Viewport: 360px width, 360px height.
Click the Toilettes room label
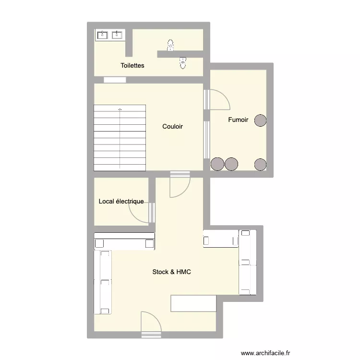click(132, 65)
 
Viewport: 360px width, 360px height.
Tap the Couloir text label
click(172, 127)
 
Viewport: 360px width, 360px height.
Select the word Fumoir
click(238, 120)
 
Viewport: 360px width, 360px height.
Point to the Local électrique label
click(121, 202)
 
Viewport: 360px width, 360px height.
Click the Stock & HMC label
click(171, 272)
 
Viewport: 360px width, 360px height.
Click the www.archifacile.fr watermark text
click(265, 353)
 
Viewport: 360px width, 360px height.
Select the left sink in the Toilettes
click(103, 35)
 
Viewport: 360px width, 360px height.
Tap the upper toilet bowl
click(170, 46)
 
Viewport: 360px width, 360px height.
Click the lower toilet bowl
click(182, 63)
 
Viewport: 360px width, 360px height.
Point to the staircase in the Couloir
click(120, 137)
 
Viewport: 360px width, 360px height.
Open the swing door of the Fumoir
click(218, 100)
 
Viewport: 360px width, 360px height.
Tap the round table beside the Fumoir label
click(260, 120)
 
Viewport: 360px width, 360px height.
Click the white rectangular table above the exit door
click(193, 303)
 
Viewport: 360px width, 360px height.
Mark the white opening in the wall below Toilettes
click(115, 80)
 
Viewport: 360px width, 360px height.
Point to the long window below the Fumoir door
click(206, 140)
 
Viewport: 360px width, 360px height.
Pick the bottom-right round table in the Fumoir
click(260, 164)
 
